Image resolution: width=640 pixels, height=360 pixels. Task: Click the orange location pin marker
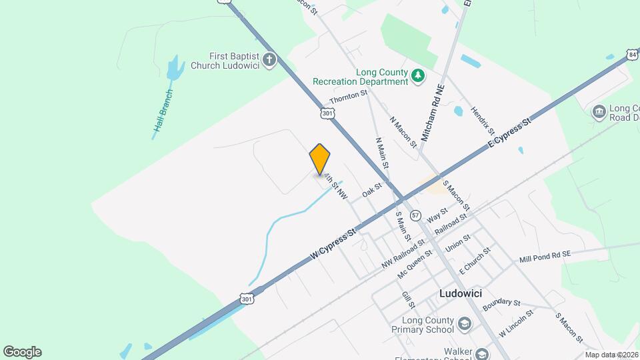click(x=320, y=160)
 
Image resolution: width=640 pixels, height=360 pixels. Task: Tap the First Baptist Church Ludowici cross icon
click(x=269, y=61)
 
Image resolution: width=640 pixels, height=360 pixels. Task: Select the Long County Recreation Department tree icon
click(x=418, y=76)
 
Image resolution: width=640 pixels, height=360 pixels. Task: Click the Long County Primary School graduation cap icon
click(x=464, y=325)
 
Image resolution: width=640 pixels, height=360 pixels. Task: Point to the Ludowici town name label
click(x=461, y=293)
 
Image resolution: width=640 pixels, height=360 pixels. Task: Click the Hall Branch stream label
click(x=163, y=114)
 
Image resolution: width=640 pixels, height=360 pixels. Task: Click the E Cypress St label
click(x=509, y=133)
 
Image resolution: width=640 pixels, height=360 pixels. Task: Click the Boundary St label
click(x=501, y=303)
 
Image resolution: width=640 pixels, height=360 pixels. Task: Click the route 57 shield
click(x=415, y=215)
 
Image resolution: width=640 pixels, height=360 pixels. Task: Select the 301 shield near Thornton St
click(x=327, y=113)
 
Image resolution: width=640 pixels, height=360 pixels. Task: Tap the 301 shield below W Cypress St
click(x=247, y=299)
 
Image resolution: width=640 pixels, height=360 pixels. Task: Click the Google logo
click(x=22, y=352)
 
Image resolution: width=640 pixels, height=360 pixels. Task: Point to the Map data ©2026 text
click(x=611, y=355)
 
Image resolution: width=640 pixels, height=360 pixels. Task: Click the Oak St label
click(x=371, y=191)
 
